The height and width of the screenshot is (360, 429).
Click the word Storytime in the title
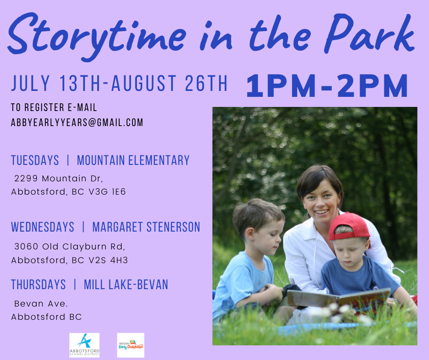(97, 36)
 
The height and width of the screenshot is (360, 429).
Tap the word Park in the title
(369, 33)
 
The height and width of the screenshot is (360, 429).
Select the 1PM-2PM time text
(327, 86)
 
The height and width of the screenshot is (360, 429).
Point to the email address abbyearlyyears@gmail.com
(77, 122)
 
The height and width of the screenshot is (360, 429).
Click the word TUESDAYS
(35, 160)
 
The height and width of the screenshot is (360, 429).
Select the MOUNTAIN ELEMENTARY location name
(133, 160)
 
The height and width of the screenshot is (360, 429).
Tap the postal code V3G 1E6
(107, 191)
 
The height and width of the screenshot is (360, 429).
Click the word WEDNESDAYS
(43, 227)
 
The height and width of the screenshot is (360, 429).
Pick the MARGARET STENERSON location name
(146, 227)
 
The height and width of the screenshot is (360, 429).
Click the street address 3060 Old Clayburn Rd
(69, 246)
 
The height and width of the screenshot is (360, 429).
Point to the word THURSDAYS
(38, 284)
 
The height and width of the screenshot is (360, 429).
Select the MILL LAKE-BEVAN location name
(126, 284)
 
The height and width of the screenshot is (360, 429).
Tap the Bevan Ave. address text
(41, 303)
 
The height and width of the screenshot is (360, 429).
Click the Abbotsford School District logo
(84, 345)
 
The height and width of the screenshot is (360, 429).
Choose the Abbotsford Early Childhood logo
(131, 345)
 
